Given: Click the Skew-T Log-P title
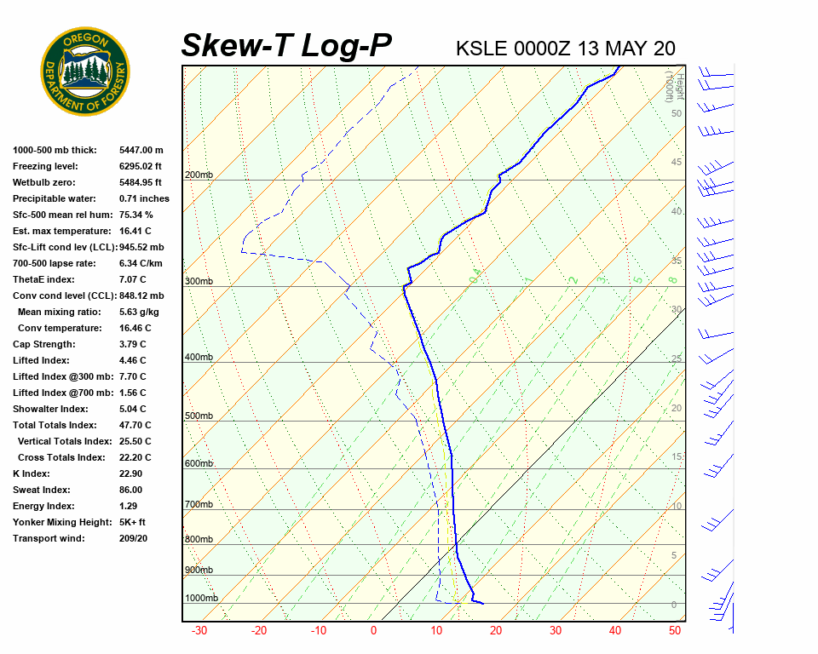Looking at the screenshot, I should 286,46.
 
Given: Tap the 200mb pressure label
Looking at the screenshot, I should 199,175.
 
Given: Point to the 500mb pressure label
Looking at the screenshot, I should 199,416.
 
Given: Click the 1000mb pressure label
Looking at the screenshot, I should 201,599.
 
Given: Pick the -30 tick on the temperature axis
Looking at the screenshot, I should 199,631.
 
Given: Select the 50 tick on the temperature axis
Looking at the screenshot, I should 675,631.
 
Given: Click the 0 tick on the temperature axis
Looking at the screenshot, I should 373,631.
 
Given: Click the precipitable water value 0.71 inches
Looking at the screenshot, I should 144,198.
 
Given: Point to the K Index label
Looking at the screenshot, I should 32,473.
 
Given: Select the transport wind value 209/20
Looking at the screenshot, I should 133,538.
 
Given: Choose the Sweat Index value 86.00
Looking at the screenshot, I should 130,490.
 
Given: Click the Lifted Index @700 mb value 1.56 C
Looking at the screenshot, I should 132,393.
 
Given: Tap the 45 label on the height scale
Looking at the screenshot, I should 677,163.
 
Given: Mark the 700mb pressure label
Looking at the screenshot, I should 199,505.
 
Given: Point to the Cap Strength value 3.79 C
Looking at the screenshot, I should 132,344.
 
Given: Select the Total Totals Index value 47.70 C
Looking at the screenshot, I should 135,425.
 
